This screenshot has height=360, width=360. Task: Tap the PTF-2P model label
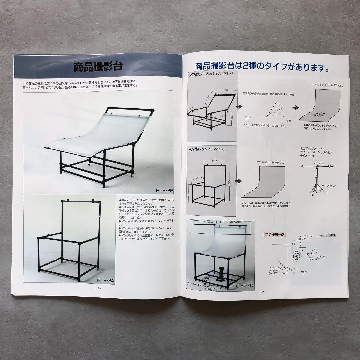[x=165, y=190]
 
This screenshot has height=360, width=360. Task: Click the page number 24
[x=263, y=291]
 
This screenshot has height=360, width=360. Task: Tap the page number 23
[x=98, y=288]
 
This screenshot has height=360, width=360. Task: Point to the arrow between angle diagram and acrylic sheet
[x=295, y=108]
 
